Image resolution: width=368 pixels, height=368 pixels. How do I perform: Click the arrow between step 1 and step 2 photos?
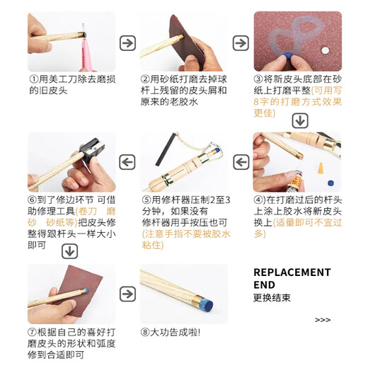click(127, 43)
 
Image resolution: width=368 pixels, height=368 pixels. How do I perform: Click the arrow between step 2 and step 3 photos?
click(241, 43)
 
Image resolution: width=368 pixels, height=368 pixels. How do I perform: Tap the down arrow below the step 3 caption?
click(300, 121)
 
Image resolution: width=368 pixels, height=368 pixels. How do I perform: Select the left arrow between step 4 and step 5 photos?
click(241, 162)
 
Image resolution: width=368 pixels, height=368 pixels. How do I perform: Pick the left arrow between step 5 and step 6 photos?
click(127, 162)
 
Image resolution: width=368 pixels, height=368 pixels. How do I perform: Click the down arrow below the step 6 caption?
click(69, 251)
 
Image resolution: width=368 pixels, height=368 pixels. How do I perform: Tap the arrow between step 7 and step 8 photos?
click(127, 294)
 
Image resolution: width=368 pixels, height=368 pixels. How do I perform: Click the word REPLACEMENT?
click(292, 272)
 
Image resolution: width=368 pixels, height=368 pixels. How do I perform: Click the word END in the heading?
click(264, 285)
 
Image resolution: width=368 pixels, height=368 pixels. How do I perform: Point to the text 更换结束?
click(272, 298)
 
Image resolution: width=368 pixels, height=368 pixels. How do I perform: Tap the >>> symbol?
click(323, 320)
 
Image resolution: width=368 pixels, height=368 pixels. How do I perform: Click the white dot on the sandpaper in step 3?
click(325, 50)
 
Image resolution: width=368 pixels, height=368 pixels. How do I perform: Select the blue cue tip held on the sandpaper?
click(288, 56)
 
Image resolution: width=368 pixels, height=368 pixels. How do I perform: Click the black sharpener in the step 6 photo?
click(91, 149)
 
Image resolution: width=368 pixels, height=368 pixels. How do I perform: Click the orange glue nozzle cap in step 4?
click(321, 168)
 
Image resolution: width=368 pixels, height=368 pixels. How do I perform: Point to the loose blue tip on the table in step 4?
click(330, 183)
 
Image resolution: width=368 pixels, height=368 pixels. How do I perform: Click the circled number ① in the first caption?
click(33, 79)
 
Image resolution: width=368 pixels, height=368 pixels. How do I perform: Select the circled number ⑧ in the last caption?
click(145, 333)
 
